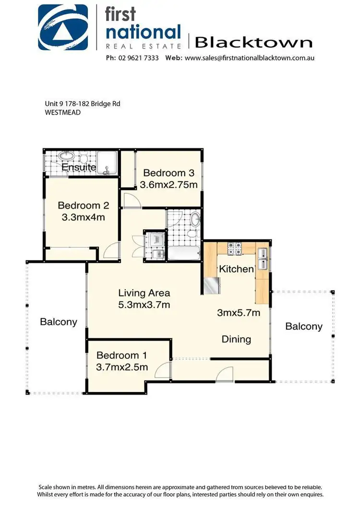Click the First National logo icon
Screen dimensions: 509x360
tap(63, 27)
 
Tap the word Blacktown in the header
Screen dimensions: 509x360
tap(253, 43)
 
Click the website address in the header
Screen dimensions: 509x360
tap(250, 58)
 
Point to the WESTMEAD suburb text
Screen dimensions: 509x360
tap(60, 113)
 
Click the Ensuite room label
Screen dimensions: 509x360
tap(79, 167)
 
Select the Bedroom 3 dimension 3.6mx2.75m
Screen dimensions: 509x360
tap(170, 185)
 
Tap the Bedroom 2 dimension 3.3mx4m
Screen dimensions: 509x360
tap(84, 217)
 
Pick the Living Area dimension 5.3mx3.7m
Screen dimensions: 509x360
tap(144, 305)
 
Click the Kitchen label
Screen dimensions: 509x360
tap(236, 269)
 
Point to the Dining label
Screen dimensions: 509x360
tap(236, 339)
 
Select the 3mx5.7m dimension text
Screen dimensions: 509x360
tap(239, 313)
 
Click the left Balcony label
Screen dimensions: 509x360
tap(59, 321)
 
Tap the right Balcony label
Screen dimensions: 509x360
tap(304, 326)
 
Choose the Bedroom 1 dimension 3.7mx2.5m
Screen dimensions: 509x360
tap(122, 367)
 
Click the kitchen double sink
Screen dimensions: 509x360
tap(263, 259)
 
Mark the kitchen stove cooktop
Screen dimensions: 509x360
tap(234, 249)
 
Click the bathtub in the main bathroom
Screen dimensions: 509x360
tap(183, 253)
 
